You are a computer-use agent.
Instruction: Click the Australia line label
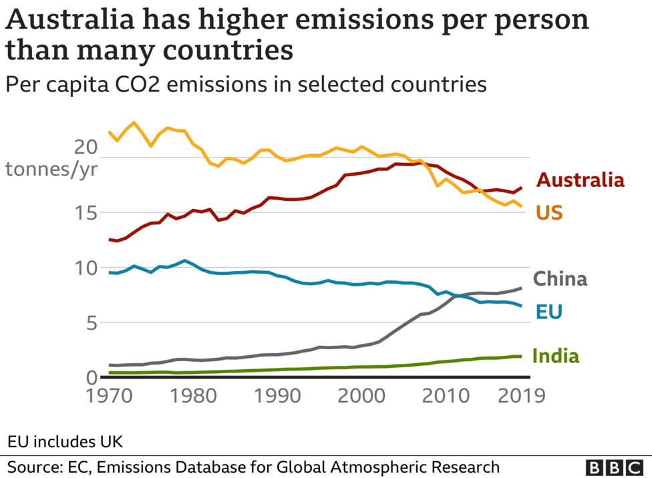point(581,180)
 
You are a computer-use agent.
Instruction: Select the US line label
point(549,213)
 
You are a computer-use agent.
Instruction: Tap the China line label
point(560,278)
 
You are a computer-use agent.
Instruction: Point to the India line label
point(555,356)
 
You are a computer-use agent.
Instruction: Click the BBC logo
point(613,467)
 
